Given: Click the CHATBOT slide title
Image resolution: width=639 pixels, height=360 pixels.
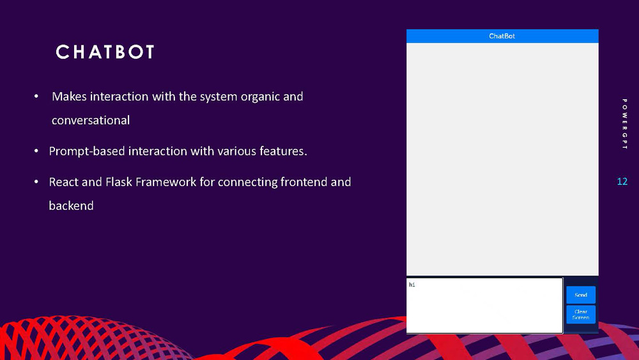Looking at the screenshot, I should (x=105, y=52).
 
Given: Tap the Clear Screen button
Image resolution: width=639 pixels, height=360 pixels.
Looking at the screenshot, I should (x=580, y=315).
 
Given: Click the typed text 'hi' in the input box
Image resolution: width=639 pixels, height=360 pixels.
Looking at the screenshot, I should (x=412, y=285).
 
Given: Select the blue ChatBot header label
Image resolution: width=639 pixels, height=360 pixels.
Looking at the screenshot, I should (x=502, y=36).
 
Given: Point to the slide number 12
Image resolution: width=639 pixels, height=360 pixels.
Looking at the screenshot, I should (x=622, y=182).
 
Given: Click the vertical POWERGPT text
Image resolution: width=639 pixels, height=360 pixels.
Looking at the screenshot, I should (x=624, y=124).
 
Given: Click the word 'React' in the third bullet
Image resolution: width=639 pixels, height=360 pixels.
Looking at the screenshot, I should (x=64, y=182).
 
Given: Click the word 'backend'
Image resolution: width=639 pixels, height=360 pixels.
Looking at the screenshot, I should (x=71, y=206).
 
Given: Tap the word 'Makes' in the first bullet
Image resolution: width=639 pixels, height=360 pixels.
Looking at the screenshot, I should (x=69, y=97).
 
